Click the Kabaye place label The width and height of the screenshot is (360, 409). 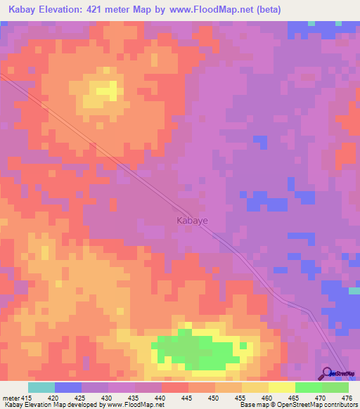191,219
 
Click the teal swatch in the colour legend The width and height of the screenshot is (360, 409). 41,387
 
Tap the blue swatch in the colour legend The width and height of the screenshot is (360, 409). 68,387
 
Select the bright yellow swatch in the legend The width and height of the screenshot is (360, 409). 281,387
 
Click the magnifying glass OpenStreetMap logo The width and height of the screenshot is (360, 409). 326,373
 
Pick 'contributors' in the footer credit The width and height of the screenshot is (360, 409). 339,405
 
